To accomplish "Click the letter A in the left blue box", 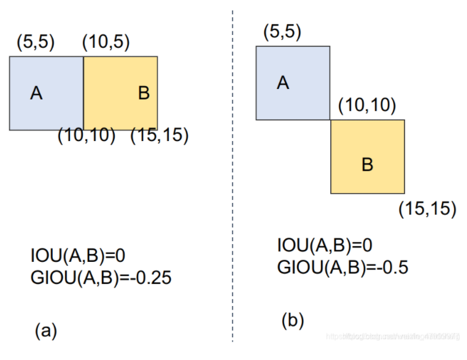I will click(37, 93).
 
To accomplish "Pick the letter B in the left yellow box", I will click(144, 93).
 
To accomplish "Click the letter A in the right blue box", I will click(283, 83).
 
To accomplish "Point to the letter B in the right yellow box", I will click(367, 164).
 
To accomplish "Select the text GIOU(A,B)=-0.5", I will click(343, 267).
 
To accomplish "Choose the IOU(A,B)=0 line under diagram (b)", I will click(325, 246).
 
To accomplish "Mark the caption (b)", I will click(293, 319).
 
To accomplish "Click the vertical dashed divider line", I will click(233, 184).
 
